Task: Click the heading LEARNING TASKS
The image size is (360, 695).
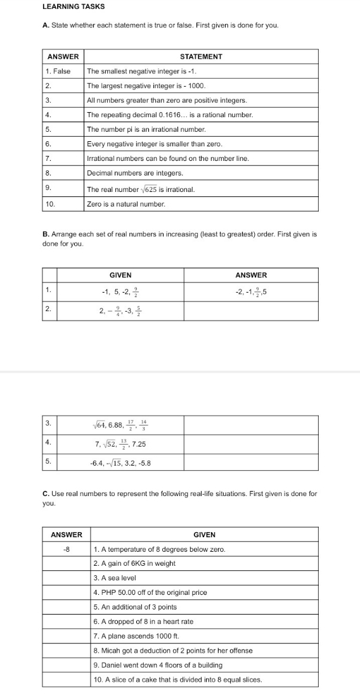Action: pyautogui.click(x=74, y=6)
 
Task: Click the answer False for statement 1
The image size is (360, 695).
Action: pyautogui.click(x=61, y=71)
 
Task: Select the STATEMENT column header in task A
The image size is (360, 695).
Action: pyautogui.click(x=202, y=56)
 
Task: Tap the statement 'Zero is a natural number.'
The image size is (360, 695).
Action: pyautogui.click(x=125, y=204)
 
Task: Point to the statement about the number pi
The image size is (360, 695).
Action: pyautogui.click(x=138, y=129)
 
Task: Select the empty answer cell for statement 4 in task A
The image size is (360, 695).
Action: pyautogui.click(x=63, y=115)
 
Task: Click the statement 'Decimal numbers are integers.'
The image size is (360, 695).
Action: pyautogui.click(x=134, y=173)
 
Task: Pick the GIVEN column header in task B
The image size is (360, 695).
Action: pyautogui.click(x=120, y=275)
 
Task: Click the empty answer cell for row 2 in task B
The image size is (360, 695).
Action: pyautogui.click(x=251, y=311)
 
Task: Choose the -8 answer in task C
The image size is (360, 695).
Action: pyautogui.click(x=67, y=549)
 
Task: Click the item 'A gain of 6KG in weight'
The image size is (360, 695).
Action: pyautogui.click(x=134, y=563)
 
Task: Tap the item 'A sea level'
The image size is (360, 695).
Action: pyautogui.click(x=115, y=578)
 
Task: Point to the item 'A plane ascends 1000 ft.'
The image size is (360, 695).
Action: pyautogui.click(x=132, y=636)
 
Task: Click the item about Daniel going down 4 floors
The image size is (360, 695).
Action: pyautogui.click(x=158, y=665)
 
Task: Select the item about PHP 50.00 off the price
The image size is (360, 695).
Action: pyautogui.click(x=150, y=592)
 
